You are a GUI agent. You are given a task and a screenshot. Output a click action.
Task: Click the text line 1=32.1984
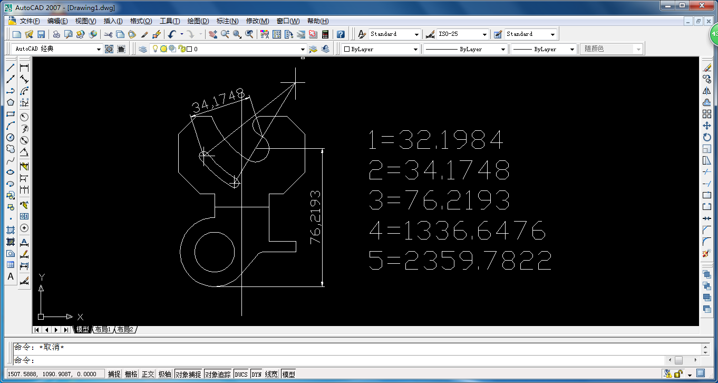(436, 140)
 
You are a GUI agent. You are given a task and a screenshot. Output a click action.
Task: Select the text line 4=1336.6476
(457, 231)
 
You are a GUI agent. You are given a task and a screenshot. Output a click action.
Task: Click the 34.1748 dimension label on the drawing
(218, 101)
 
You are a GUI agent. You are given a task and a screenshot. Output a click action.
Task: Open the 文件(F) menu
(30, 21)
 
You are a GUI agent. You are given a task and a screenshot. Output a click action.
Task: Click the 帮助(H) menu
(317, 21)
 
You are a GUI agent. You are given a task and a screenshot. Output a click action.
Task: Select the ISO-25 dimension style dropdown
(463, 34)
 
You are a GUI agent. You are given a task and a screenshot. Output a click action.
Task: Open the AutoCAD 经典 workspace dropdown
(57, 49)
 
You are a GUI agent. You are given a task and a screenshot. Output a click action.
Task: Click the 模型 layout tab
(83, 330)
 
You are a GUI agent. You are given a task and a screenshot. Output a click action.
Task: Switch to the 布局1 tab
(103, 330)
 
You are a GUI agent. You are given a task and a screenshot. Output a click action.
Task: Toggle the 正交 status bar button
(148, 374)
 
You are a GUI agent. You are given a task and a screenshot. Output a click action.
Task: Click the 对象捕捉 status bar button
(188, 374)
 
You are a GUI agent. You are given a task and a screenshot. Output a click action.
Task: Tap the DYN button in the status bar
(256, 374)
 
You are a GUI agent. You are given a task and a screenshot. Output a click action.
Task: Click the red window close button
(704, 6)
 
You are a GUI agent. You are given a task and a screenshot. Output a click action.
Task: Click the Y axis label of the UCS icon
(42, 276)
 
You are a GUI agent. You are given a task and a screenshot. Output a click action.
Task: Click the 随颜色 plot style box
(612, 49)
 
